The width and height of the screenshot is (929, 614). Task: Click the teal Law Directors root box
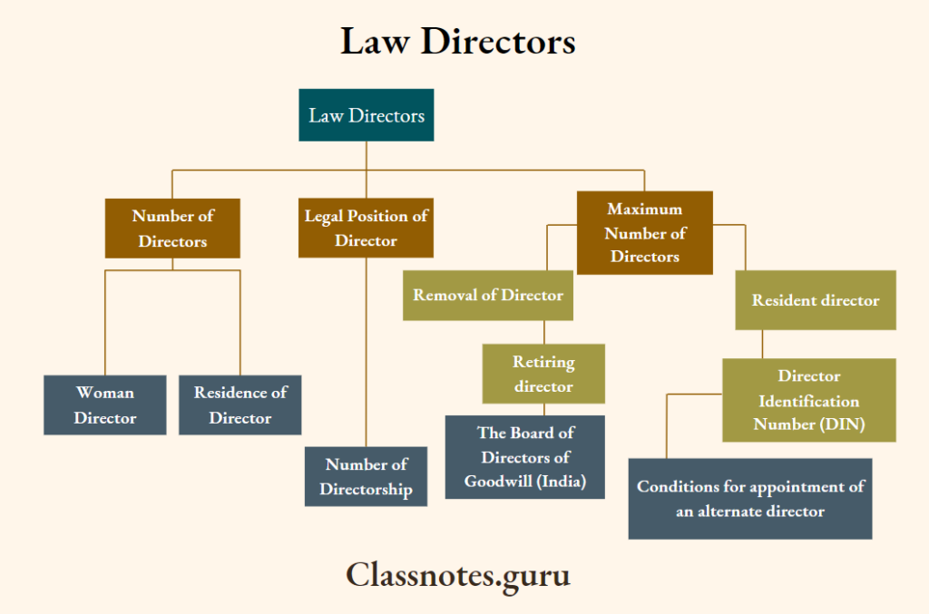pyautogui.click(x=366, y=115)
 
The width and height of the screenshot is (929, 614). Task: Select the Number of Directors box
pyautogui.click(x=172, y=229)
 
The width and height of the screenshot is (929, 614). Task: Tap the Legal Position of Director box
pyautogui.click(x=366, y=229)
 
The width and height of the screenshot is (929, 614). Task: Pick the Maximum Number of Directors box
pyautogui.click(x=644, y=233)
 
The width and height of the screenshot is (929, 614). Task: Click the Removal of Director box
pyautogui.click(x=487, y=296)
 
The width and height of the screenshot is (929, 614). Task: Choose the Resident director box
pyautogui.click(x=815, y=300)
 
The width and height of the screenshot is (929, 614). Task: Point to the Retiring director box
pyautogui.click(x=543, y=374)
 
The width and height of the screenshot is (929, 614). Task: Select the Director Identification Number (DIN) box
pyautogui.click(x=808, y=400)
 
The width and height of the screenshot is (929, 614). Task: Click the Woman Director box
pyautogui.click(x=104, y=405)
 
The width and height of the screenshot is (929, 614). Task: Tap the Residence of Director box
pyautogui.click(x=240, y=405)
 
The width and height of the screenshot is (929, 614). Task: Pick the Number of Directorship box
pyautogui.click(x=366, y=476)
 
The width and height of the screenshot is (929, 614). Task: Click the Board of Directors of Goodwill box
pyautogui.click(x=524, y=457)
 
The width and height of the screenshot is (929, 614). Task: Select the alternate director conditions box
pyautogui.click(x=749, y=499)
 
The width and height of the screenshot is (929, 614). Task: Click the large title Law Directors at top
pyautogui.click(x=457, y=42)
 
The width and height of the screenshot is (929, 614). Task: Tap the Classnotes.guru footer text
pyautogui.click(x=458, y=574)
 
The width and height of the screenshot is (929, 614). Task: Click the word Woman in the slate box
pyautogui.click(x=104, y=393)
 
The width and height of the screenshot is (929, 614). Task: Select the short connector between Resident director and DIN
pyautogui.click(x=762, y=344)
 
